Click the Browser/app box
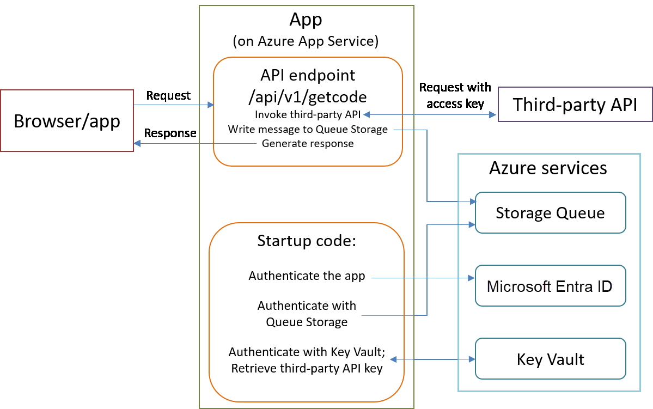(x=67, y=120)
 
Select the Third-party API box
(x=575, y=104)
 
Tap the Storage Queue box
(x=550, y=212)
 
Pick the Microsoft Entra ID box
(x=550, y=286)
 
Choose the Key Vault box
(x=550, y=359)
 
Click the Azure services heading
(x=548, y=168)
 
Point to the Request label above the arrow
(x=168, y=96)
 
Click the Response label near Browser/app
(x=170, y=133)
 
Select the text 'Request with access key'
(x=455, y=95)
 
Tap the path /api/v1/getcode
(x=307, y=97)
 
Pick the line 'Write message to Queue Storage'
(x=308, y=130)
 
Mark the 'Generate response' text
(x=308, y=144)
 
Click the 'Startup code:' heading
(x=307, y=241)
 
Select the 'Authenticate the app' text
(x=307, y=276)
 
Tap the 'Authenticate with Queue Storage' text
(x=307, y=314)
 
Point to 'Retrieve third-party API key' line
(x=307, y=369)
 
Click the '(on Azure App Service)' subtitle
(x=306, y=41)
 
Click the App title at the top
(x=306, y=20)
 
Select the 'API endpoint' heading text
(x=307, y=76)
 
